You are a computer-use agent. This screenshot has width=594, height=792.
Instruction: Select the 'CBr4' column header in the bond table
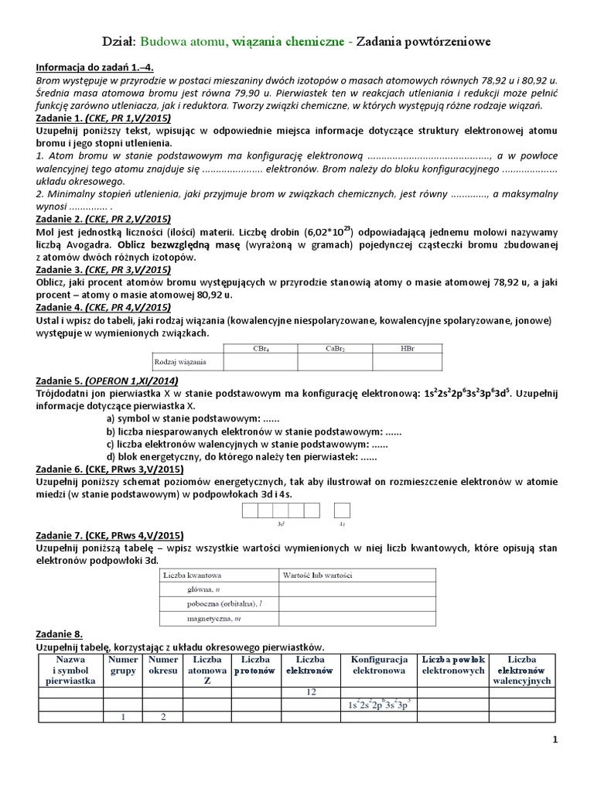(261, 349)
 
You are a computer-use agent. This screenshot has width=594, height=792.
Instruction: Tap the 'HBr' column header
(408, 349)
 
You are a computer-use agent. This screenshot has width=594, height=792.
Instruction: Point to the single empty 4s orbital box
(342, 510)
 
